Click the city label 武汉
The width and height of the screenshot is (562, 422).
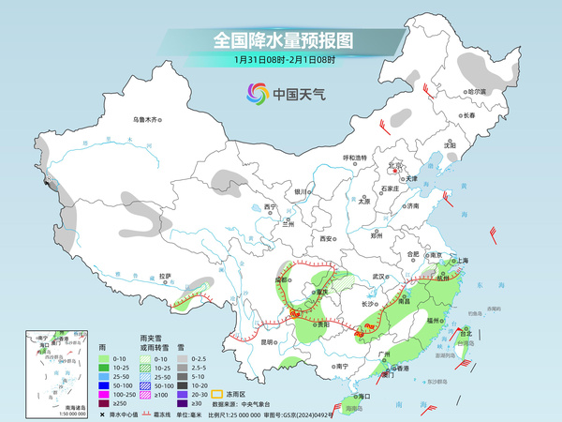pos(378,277)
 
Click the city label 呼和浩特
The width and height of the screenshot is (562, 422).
pos(355,157)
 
